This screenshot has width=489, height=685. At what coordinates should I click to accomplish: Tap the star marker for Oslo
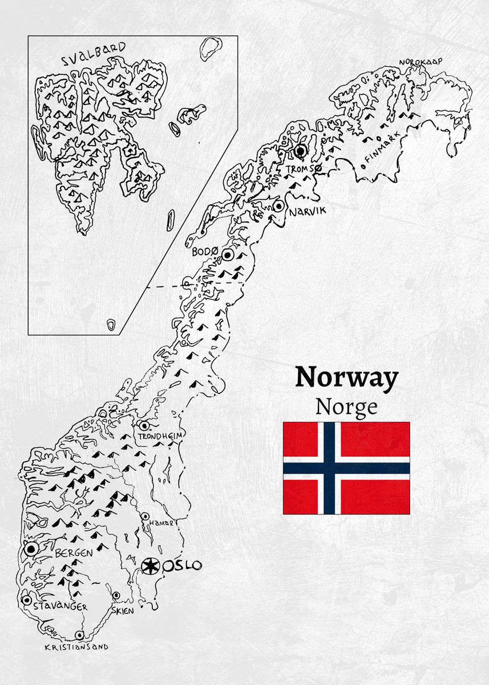150,566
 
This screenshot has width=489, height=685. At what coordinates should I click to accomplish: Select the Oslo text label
183,566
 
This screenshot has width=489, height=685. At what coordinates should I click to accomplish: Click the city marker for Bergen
30,549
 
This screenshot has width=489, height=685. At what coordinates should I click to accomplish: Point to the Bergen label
74,553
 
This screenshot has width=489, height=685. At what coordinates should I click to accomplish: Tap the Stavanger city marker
26,600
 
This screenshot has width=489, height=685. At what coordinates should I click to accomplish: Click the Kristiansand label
76,647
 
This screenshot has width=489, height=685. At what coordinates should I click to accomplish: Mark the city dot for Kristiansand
79,635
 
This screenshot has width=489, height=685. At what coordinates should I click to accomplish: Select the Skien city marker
116,595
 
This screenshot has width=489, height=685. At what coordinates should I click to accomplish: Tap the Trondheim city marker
144,425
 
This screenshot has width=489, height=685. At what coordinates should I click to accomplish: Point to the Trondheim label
160,437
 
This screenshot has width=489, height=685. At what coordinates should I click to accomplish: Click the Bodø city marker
228,255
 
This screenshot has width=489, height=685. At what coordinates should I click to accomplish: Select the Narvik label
307,212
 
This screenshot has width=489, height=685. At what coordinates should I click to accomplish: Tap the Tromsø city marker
301,151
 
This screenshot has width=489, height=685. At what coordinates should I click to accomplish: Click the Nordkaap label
421,62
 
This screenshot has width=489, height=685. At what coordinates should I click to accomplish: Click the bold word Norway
346,378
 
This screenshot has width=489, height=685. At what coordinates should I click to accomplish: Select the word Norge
346,406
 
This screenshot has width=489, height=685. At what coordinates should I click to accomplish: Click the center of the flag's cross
329,468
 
